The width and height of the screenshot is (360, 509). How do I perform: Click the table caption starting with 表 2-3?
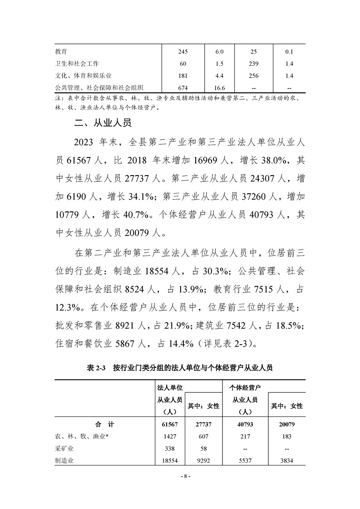pos(179,368)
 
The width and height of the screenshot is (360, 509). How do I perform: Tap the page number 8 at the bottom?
pos(180,476)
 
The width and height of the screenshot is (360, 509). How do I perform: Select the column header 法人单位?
pos(169,387)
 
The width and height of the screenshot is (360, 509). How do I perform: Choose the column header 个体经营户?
pos(248,387)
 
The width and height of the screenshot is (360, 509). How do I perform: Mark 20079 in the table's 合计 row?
pos(286,425)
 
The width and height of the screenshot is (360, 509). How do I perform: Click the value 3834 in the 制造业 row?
pos(286,460)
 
